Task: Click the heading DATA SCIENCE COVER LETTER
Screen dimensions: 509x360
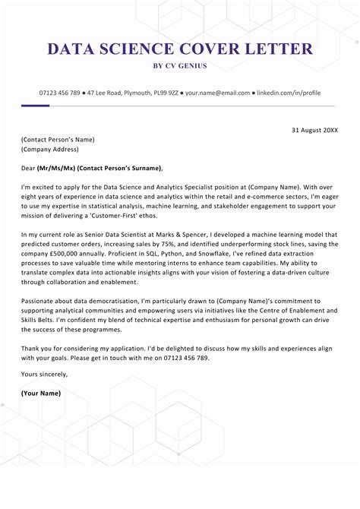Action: point(180,49)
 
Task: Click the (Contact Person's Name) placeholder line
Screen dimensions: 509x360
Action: point(58,140)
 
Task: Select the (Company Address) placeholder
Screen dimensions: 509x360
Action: point(53,150)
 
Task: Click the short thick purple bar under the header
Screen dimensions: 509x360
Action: point(36,106)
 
